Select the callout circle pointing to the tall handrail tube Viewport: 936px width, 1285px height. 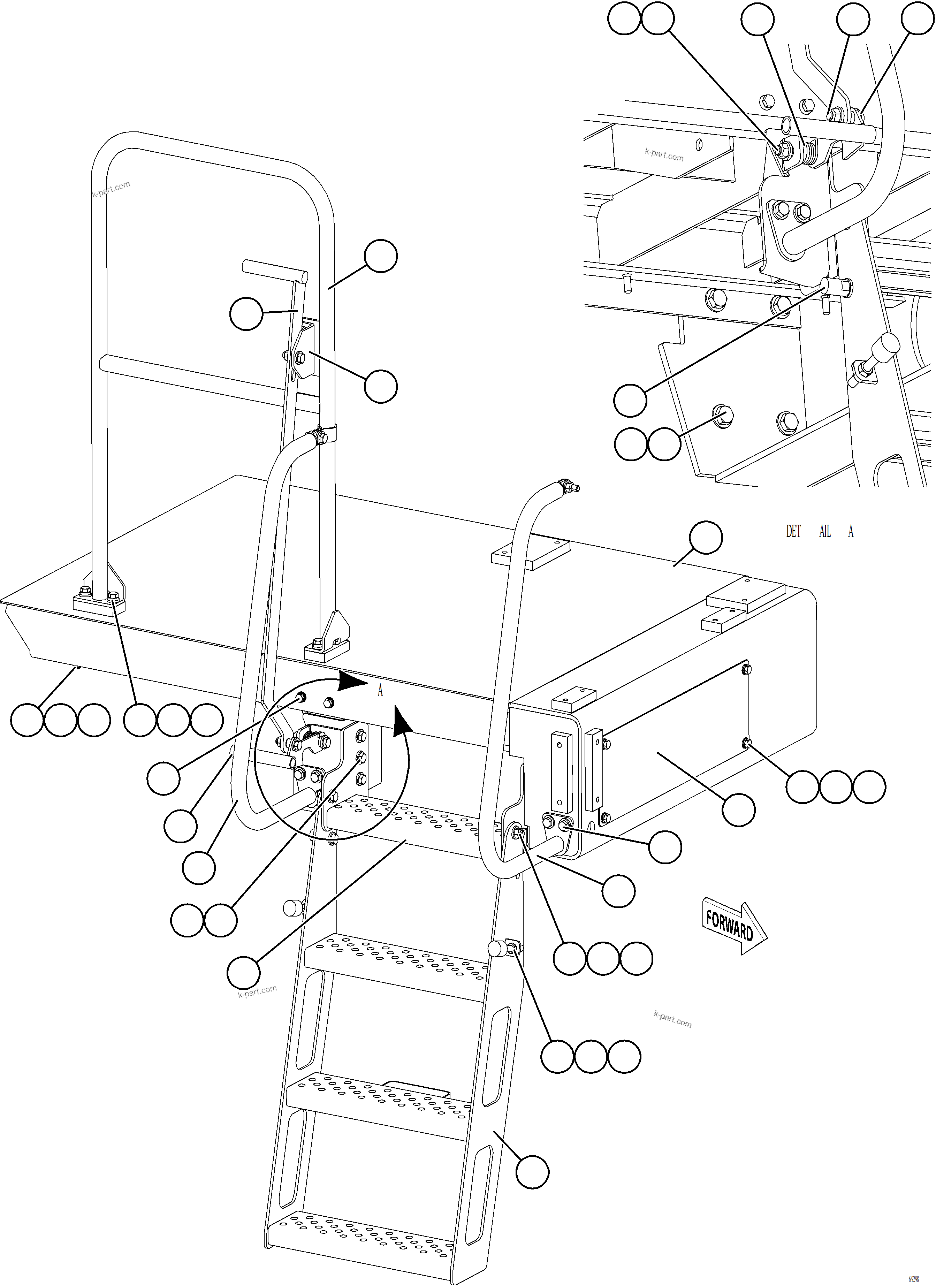(381, 256)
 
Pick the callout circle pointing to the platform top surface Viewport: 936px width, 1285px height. (706, 538)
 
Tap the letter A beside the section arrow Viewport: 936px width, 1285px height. (380, 691)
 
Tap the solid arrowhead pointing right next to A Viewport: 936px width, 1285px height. (352, 682)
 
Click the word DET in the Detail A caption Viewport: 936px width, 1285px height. (793, 531)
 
